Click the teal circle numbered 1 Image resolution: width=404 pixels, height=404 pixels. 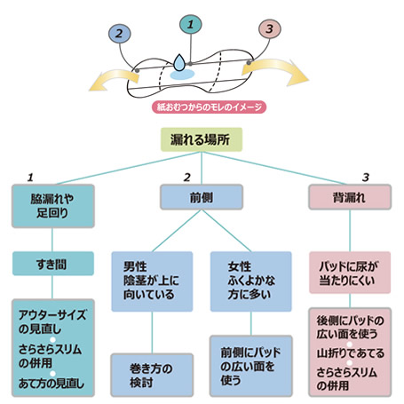click(191, 24)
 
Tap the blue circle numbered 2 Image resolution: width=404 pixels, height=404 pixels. click(119, 33)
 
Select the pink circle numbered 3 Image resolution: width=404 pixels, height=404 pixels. click(270, 29)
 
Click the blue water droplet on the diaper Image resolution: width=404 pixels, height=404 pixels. click(179, 62)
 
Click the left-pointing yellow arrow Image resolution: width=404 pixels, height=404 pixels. click(114, 79)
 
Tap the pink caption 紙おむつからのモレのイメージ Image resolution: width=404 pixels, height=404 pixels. click(209, 107)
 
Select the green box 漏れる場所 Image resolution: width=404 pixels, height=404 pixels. click(202, 139)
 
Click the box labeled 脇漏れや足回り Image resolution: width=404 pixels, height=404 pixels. click(53, 206)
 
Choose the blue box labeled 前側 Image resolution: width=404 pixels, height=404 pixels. click(202, 197)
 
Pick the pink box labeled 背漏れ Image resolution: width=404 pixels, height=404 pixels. click(350, 197)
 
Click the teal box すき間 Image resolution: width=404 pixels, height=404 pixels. click(53, 264)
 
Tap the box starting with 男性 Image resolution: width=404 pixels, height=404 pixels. click(152, 281)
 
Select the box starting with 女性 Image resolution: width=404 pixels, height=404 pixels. click(251, 281)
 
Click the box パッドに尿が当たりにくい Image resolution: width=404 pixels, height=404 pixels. click(350, 273)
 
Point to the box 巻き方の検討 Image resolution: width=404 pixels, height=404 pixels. click(152, 375)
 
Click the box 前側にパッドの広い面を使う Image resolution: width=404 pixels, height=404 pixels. click(251, 366)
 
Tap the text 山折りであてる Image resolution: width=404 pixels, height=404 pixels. click(350, 353)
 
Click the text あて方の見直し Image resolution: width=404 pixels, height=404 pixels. click(51, 384)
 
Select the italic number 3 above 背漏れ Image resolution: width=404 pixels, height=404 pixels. click(366, 178)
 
